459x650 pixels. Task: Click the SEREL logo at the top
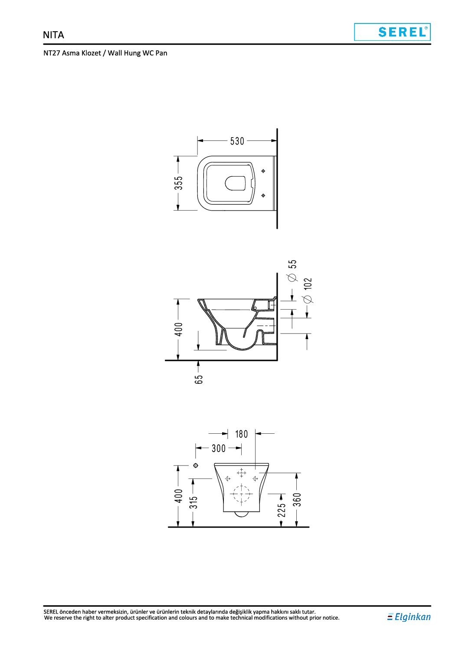tap(392, 32)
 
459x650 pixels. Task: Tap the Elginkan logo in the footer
tap(409, 617)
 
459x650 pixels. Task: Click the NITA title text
tap(53, 35)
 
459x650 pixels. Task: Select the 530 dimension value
tap(237, 141)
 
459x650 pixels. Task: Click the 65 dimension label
tap(199, 379)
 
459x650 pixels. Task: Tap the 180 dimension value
tap(241, 434)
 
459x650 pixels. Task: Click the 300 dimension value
tap(218, 449)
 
